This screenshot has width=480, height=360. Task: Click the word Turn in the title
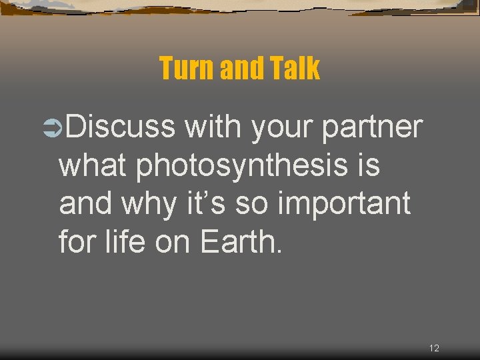(x=183, y=69)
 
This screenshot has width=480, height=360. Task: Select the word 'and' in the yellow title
(x=239, y=69)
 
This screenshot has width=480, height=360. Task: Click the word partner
(x=372, y=127)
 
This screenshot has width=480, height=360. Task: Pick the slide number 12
(x=434, y=348)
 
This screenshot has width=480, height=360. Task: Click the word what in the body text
(x=93, y=165)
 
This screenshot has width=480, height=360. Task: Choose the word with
(x=213, y=127)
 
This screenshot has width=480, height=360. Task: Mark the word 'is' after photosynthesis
(x=368, y=165)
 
